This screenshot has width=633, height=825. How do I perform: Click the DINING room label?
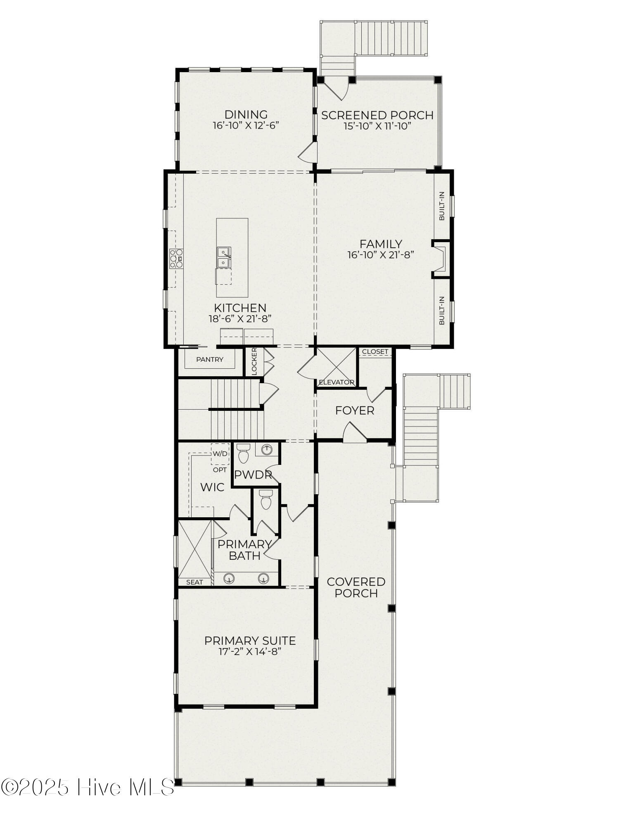click(x=246, y=114)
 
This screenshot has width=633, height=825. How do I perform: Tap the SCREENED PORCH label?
click(x=377, y=115)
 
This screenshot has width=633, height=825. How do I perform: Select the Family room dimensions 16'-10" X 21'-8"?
click(x=381, y=255)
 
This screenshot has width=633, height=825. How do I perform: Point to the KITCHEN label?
click(x=240, y=308)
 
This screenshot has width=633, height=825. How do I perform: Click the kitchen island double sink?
click(x=224, y=257)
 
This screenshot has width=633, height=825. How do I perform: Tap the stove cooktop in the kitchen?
click(x=176, y=259)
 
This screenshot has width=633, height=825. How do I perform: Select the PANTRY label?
click(x=210, y=359)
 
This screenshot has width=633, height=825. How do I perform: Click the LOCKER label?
click(x=254, y=362)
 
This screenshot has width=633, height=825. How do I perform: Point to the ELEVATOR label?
click(x=337, y=382)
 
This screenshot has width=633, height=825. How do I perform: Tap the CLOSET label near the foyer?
click(x=375, y=351)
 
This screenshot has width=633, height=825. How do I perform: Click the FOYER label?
click(x=355, y=410)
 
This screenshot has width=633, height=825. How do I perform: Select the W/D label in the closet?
click(x=220, y=454)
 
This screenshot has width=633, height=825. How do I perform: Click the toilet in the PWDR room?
click(x=244, y=453)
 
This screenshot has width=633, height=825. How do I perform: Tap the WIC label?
click(x=212, y=487)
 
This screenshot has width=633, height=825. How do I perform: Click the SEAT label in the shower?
click(x=194, y=582)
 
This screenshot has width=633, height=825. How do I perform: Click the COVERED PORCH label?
click(x=356, y=587)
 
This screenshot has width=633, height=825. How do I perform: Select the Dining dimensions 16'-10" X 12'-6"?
click(x=246, y=125)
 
